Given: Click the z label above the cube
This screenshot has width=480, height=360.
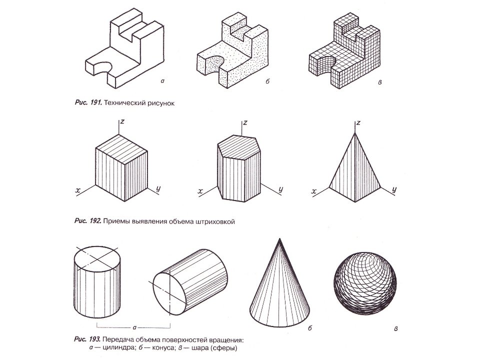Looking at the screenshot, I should (121, 122).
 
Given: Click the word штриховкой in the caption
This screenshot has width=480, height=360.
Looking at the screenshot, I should (214, 220).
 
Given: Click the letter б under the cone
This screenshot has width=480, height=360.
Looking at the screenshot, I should (310, 328).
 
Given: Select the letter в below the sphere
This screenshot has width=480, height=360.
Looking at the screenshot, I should (396, 328).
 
